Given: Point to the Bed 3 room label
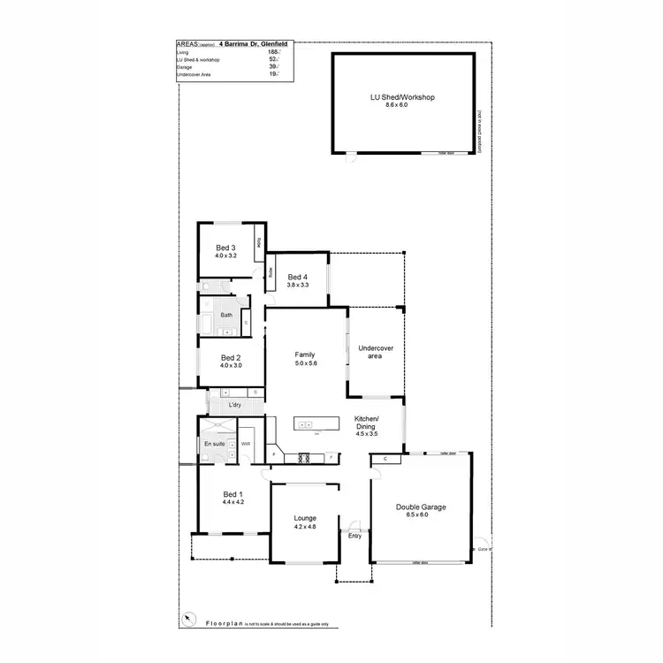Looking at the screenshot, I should point(225,248).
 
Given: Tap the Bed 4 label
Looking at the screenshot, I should point(297,277).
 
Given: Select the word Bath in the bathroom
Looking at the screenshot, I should point(226,315).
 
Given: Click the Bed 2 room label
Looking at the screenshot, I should point(231,357).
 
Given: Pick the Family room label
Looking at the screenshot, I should point(305,354).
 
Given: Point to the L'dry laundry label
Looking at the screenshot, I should point(235,405).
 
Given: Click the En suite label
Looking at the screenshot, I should point(214,443).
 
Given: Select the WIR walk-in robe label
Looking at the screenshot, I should point(247,444).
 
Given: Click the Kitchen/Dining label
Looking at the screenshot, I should point(367,422).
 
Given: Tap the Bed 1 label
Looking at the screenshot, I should point(232,494).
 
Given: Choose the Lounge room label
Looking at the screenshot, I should point(305,518).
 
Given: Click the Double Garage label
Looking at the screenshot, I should point(421,507).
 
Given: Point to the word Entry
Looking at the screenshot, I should point(355,536).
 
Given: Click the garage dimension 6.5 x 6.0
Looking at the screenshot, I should point(421,514).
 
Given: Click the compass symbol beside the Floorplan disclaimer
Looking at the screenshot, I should point(187,618).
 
